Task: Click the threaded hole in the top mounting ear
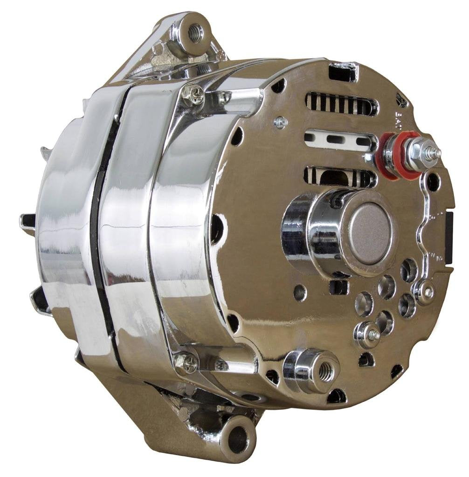point(195,32)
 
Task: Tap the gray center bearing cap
point(370,232)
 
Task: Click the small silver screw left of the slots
point(280,122)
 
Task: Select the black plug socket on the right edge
point(449,238)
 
